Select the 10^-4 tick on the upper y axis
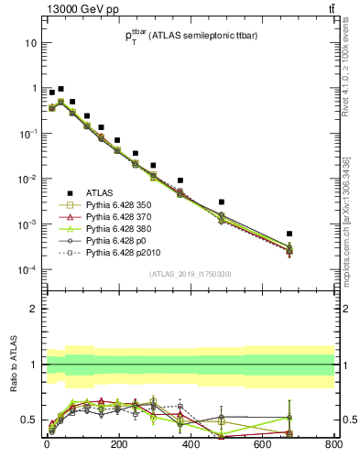pyautogui.click(x=27, y=269)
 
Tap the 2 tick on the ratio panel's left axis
pyautogui.click(x=33, y=309)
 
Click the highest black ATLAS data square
pyautogui.click(x=60, y=89)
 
